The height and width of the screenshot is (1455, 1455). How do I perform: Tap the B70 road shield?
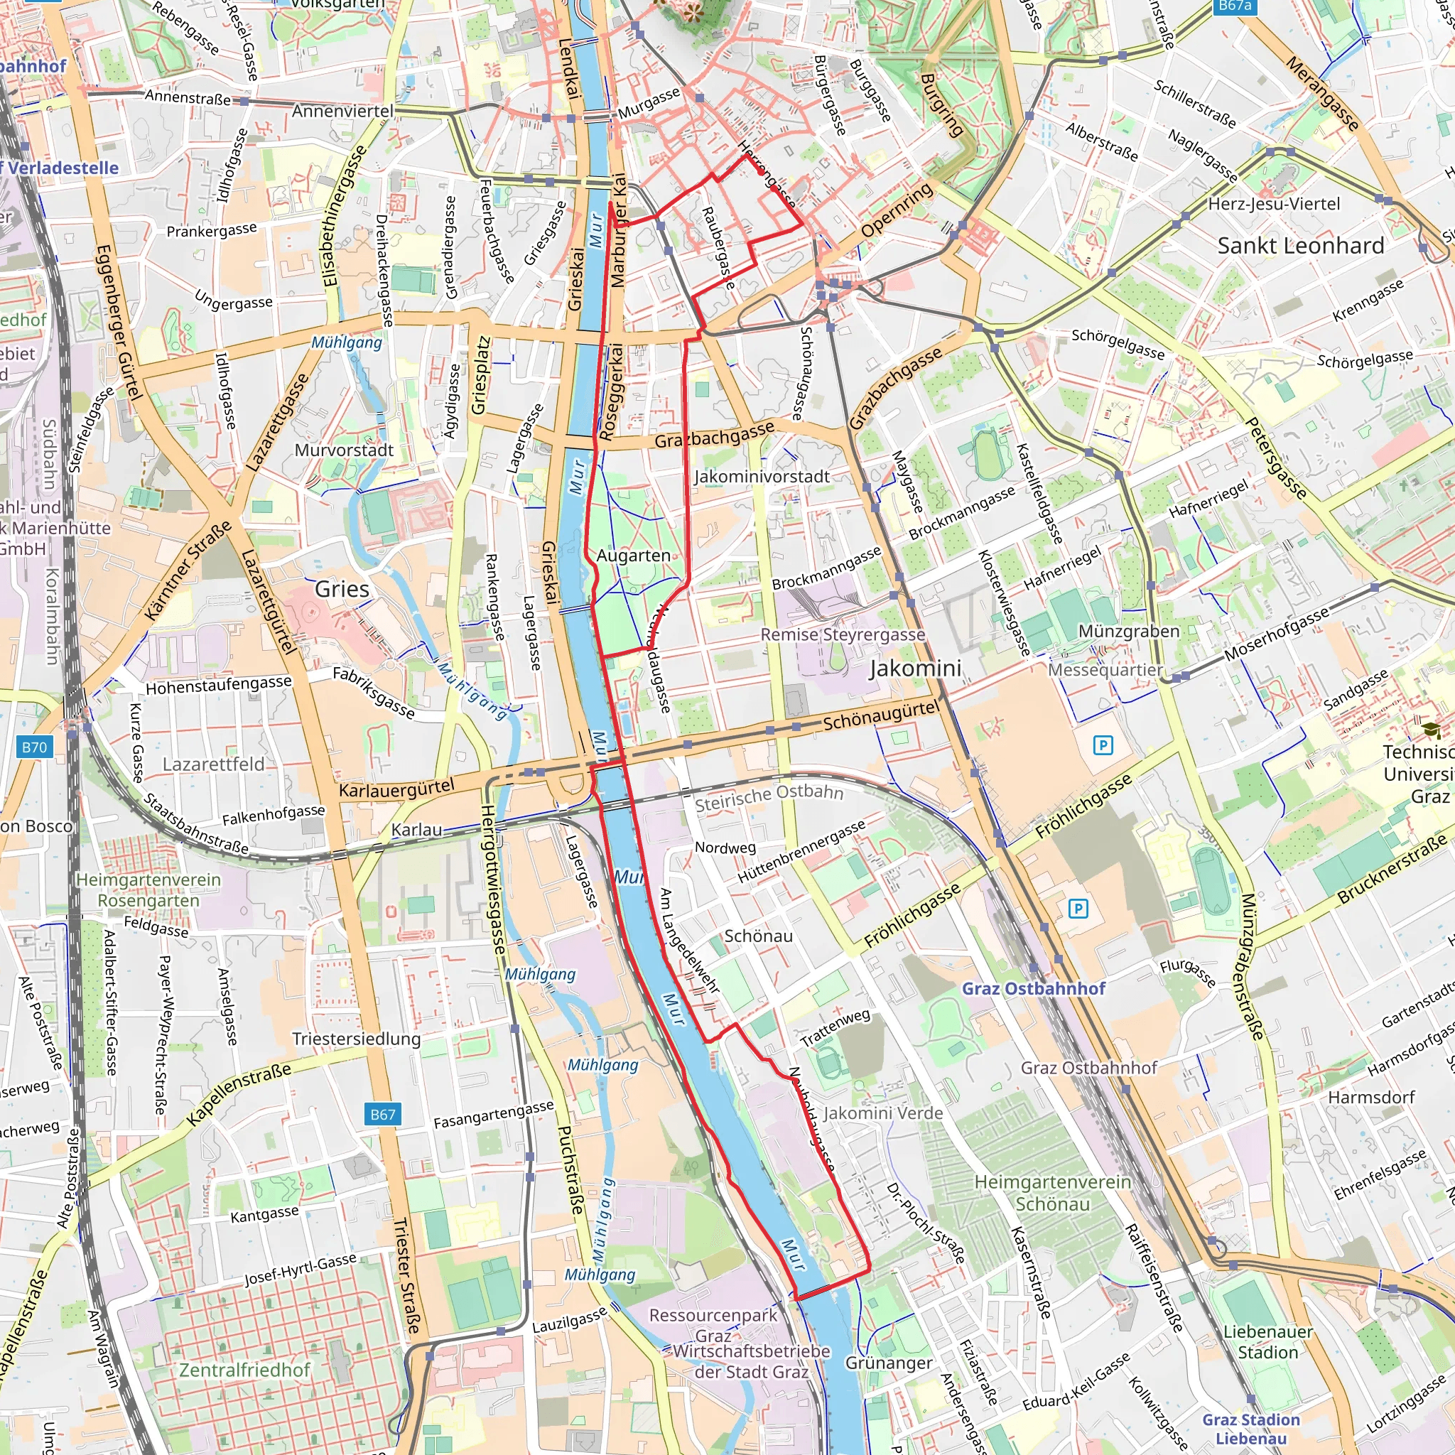click(34, 747)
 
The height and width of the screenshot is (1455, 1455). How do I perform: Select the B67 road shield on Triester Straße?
click(383, 1114)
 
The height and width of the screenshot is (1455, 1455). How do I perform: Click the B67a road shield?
click(1235, 6)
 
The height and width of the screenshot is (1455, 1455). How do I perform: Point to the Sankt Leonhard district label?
click(1301, 246)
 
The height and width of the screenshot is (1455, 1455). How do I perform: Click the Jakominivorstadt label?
click(762, 476)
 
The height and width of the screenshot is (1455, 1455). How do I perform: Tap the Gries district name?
click(342, 589)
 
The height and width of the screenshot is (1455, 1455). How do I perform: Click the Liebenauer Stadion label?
click(1267, 1341)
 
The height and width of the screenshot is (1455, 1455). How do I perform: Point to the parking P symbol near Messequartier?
click(1103, 745)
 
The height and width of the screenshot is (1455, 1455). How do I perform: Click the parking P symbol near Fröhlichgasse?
click(1078, 908)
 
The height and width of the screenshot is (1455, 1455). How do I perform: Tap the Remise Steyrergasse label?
click(842, 634)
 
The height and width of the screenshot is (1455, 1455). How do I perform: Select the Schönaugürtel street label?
click(880, 715)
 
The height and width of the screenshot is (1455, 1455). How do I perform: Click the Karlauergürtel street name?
click(397, 789)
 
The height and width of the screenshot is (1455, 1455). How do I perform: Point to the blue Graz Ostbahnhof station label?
click(1033, 988)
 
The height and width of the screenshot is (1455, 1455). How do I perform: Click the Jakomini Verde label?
click(882, 1113)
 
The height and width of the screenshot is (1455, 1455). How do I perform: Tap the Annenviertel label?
click(342, 112)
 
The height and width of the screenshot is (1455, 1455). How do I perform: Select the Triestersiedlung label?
click(356, 1039)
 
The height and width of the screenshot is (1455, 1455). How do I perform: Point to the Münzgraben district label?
click(1129, 631)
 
